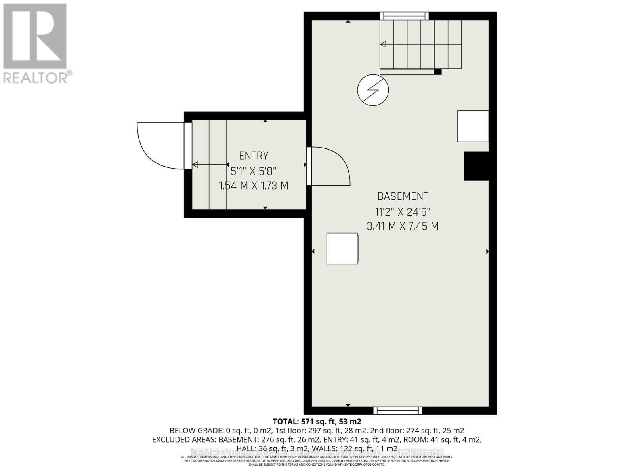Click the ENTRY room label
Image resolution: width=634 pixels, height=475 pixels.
tap(254, 156)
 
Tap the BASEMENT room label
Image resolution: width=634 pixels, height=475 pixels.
tap(403, 196)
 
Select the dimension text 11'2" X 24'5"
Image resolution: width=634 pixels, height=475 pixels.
tap(403, 212)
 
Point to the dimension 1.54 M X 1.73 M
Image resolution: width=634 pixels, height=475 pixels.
tap(254, 185)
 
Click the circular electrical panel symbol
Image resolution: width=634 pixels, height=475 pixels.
tap(373, 90)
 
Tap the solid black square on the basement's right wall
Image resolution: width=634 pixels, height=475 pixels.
tap(476, 166)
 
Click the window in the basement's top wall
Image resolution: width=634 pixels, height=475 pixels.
tap(404, 16)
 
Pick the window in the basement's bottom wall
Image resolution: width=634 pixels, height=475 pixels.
tap(397, 410)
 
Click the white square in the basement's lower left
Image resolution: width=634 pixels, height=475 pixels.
tap(342, 249)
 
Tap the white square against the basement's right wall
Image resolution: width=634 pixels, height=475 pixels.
tap(473, 126)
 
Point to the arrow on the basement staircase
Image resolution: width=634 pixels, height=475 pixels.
tap(420, 45)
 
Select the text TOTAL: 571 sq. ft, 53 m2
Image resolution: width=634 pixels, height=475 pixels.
tap(317, 422)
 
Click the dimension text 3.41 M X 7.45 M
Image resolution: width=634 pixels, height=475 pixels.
tap(403, 226)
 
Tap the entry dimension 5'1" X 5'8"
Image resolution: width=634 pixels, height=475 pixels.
tap(254, 171)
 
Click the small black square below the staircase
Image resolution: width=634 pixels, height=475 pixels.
tap(437, 72)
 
